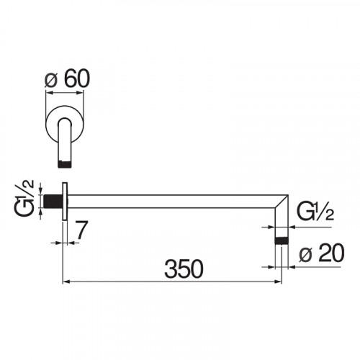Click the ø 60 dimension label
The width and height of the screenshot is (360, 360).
click(x=67, y=79)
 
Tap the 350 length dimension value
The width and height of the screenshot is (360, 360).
click(x=184, y=269)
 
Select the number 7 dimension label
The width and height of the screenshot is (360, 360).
click(x=81, y=230)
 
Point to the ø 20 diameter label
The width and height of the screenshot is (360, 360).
click(x=322, y=253)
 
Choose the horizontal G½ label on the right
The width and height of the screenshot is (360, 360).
click(x=315, y=212)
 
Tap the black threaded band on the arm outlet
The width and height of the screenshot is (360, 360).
click(x=281, y=240)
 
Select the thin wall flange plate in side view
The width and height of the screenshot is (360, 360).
click(x=65, y=201)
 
